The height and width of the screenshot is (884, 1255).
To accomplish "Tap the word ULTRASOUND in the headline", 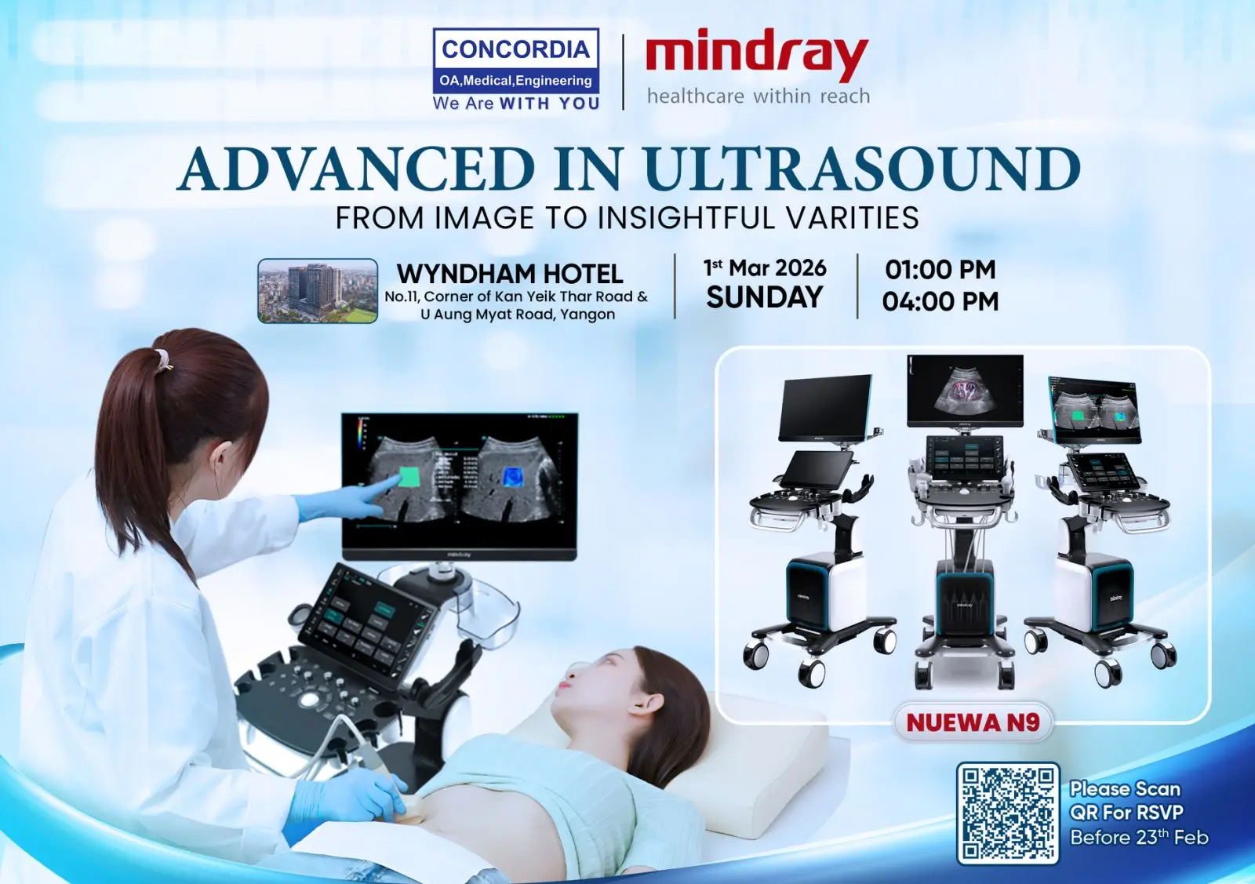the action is click(863, 169).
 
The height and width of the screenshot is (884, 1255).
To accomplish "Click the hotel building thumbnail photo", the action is click(318, 291).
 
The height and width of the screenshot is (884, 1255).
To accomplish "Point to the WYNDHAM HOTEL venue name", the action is click(510, 275).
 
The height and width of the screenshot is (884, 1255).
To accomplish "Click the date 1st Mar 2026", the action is click(765, 268).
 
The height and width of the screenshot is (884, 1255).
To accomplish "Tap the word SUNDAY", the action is click(765, 297).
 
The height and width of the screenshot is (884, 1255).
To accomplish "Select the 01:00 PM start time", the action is click(940, 270).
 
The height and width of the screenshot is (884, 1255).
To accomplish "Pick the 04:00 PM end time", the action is click(940, 301).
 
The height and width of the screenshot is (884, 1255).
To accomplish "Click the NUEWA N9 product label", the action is click(973, 722).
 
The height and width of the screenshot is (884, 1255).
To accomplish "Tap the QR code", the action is click(1008, 813).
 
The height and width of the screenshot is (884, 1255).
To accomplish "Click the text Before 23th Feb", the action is click(1140, 837).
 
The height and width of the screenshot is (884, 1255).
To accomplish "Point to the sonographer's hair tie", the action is click(162, 359).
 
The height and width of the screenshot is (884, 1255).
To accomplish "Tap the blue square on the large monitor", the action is click(512, 477).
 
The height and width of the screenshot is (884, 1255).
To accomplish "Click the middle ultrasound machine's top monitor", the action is click(965, 391).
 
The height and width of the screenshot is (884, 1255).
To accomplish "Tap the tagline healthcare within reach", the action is click(758, 96).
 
